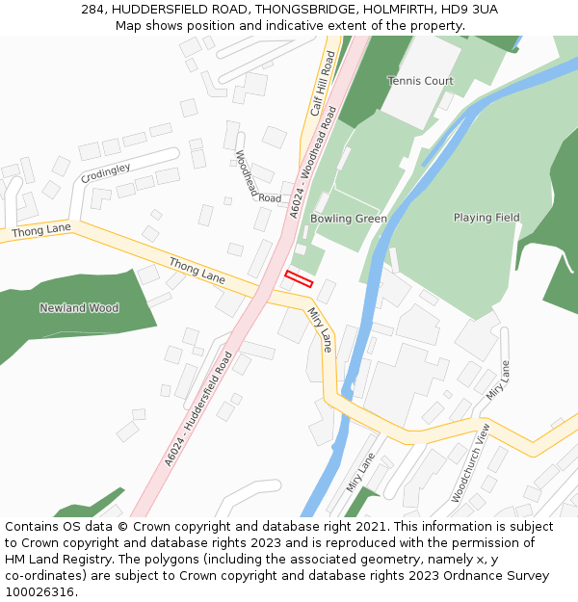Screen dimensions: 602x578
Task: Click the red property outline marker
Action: point(299,279)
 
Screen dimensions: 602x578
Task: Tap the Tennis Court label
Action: point(420,81)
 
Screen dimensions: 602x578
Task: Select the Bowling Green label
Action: point(349,219)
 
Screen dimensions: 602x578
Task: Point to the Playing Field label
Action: point(486,218)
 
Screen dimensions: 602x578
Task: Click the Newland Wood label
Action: point(79,308)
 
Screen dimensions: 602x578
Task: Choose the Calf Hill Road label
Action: point(322,91)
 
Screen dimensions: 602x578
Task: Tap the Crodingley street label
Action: point(106,173)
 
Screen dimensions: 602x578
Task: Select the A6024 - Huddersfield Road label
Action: point(198,409)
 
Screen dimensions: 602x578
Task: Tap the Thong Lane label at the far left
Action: point(41,231)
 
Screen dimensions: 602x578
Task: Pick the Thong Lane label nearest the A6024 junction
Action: point(197,270)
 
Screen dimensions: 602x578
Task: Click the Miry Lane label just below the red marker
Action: point(320,329)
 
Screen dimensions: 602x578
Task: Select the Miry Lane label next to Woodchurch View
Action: point(498,381)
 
